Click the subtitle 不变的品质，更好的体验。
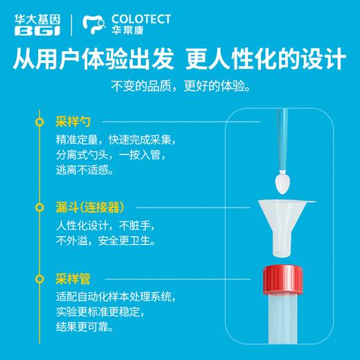[x=179, y=89]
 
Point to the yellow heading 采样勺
[x=73, y=122]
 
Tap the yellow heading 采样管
[x=73, y=280]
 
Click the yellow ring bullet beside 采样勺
[x=40, y=122]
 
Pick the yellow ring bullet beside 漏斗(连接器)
[x=40, y=207]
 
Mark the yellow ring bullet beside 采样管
[x=40, y=280]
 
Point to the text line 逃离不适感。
[x=85, y=170]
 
